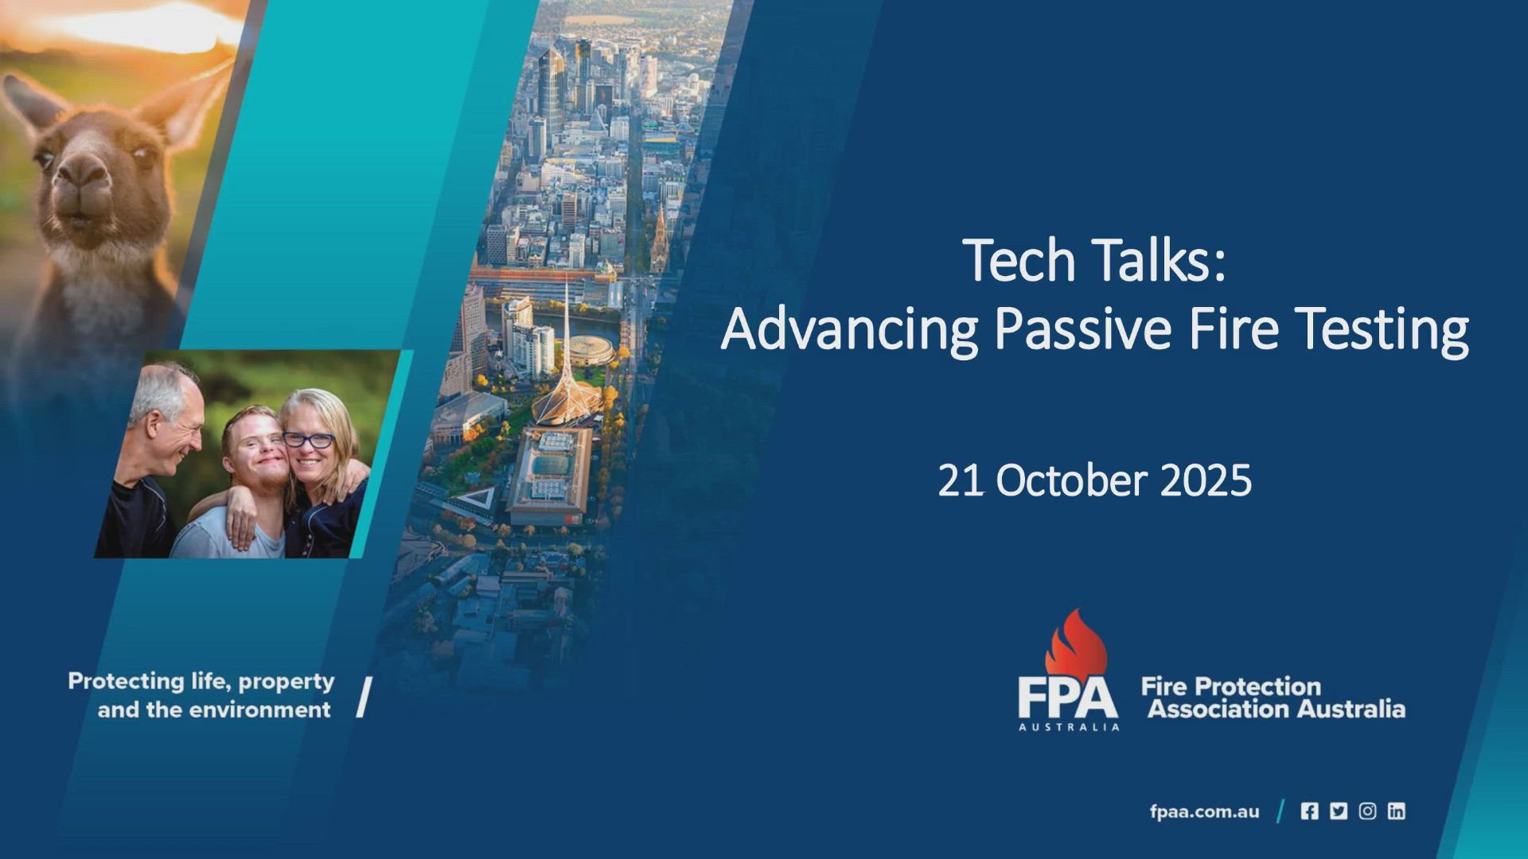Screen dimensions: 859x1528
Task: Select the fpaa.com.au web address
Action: [1204, 811]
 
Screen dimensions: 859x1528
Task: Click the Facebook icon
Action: [1309, 811]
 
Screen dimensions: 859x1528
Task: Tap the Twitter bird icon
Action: [1339, 811]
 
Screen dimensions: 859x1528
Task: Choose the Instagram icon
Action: [1367, 811]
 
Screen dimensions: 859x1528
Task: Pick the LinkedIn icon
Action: [1396, 811]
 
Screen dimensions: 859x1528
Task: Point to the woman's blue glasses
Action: [309, 439]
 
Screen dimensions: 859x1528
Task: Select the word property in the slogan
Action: [286, 682]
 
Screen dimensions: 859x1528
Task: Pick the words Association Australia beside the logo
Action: [1276, 709]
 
